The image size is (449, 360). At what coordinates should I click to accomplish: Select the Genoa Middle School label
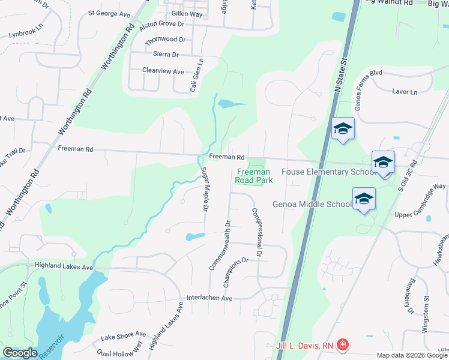pos(312,204)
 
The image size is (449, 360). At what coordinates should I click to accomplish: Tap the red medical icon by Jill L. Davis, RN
pos(342,345)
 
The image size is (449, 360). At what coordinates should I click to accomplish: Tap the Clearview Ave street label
pos(163,71)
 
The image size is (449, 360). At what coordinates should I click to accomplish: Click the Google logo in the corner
pos(20,353)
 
